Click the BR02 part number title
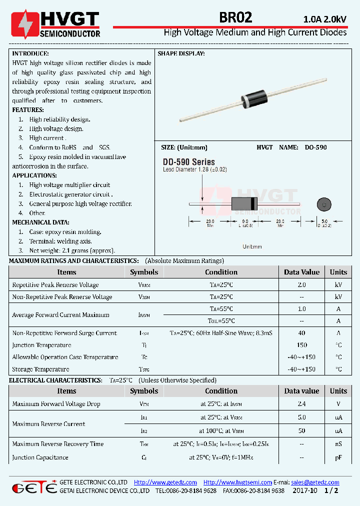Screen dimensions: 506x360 [236, 17]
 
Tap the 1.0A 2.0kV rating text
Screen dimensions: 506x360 [324, 19]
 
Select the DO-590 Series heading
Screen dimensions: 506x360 [188, 162]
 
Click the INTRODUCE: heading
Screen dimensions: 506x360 [30, 53]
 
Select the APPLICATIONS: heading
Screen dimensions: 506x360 [34, 175]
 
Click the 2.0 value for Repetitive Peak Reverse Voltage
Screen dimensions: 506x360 [301, 285]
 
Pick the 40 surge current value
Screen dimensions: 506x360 [301, 333]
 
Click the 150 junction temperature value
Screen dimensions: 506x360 [301, 345]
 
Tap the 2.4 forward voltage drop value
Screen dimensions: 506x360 [301, 404]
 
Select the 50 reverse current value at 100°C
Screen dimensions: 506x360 [301, 430]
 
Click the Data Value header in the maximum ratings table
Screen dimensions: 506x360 [301, 272]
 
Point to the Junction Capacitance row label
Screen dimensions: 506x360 [40, 457]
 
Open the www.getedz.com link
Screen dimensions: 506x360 [165, 482]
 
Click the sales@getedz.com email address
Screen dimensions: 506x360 [315, 482]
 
